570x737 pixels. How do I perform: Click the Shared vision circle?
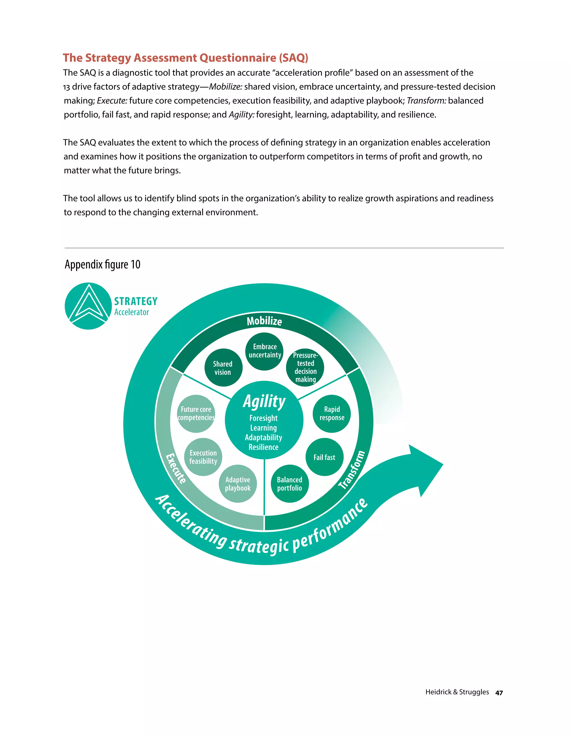pyautogui.click(x=223, y=368)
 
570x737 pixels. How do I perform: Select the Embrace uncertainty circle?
pyautogui.click(x=264, y=351)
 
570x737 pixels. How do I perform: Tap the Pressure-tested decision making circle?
pyautogui.click(x=305, y=367)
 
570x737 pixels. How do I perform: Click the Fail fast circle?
pyautogui.click(x=324, y=457)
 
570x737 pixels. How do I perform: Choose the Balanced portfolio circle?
pyautogui.click(x=289, y=484)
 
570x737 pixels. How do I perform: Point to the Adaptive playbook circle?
pyautogui.click(x=238, y=484)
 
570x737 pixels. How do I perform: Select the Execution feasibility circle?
pyautogui.click(x=203, y=457)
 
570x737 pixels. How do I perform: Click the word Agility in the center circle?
pyautogui.click(x=264, y=402)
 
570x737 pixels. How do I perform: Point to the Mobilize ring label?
pyautogui.click(x=264, y=321)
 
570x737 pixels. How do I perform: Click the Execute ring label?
pyautogui.click(x=176, y=468)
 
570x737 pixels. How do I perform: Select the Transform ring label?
pyautogui.click(x=352, y=470)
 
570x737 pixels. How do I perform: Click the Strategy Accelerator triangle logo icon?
pyautogui.click(x=88, y=306)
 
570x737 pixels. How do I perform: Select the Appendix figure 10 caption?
pyautogui.click(x=102, y=264)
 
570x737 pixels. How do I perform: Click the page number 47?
pyautogui.click(x=499, y=693)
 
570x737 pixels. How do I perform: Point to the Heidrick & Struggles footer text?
pyautogui.click(x=457, y=692)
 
